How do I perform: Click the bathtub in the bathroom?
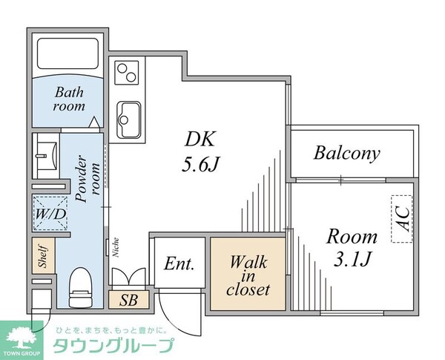pyautogui.click(x=67, y=56)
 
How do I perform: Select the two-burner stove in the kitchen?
pyautogui.click(x=127, y=73)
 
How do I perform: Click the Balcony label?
pyautogui.click(x=346, y=154)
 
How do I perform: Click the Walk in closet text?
pyautogui.click(x=248, y=275)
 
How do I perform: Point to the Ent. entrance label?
pyautogui.click(x=179, y=264)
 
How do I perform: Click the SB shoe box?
pyautogui.click(x=128, y=300)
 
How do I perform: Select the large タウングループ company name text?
pyautogui.click(x=113, y=347)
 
